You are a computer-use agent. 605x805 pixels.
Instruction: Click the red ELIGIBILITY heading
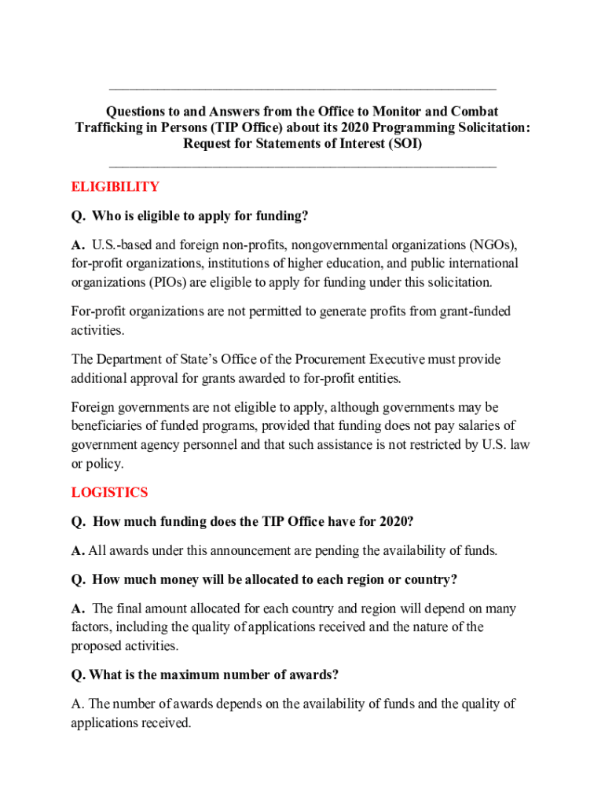[x=115, y=187]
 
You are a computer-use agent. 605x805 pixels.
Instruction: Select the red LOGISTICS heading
[x=109, y=493]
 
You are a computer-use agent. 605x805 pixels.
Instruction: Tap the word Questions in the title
[x=138, y=112]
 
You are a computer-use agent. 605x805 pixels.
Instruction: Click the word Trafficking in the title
[x=111, y=128]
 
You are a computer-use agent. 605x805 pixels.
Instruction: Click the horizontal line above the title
[x=302, y=89]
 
